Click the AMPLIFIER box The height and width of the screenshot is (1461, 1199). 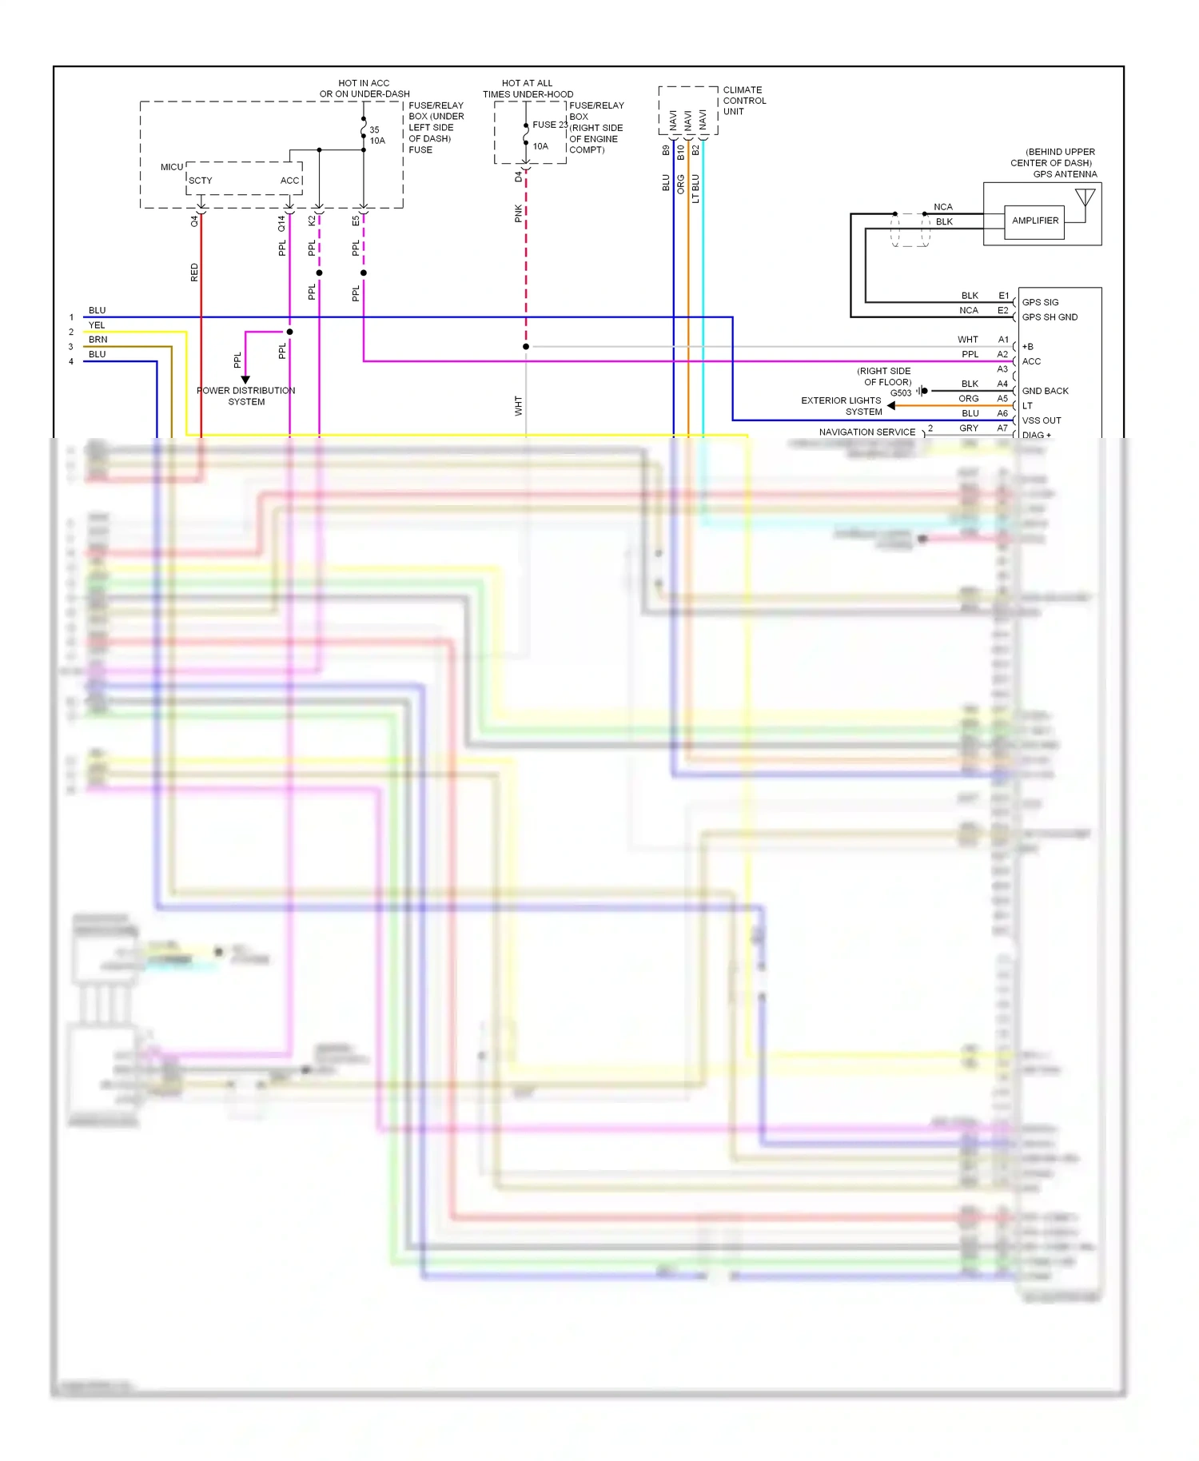click(x=1034, y=221)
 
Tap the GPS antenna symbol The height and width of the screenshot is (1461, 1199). click(x=1085, y=198)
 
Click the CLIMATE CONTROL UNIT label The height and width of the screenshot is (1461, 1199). click(x=743, y=101)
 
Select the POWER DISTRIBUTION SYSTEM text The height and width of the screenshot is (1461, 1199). click(x=246, y=396)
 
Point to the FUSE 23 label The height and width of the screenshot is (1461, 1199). click(x=550, y=125)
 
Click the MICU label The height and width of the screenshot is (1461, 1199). click(x=171, y=167)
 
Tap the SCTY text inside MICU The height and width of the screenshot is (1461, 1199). click(x=201, y=181)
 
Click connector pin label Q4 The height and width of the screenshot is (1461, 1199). click(x=194, y=221)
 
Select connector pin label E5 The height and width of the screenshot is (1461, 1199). click(x=356, y=221)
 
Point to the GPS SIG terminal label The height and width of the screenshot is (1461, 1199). click(x=1040, y=302)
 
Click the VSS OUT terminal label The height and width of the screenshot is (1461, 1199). click(x=1042, y=420)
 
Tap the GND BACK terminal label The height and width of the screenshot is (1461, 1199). click(x=1045, y=391)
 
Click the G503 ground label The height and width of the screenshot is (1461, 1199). click(x=901, y=392)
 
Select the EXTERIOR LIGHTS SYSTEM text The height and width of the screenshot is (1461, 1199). click(x=842, y=406)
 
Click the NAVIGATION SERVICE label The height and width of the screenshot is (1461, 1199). click(x=866, y=432)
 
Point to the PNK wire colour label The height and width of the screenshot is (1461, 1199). click(x=519, y=213)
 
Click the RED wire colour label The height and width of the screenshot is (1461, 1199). click(x=194, y=273)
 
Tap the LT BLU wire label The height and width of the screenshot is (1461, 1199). click(x=695, y=189)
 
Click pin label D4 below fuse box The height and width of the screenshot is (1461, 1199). click(x=519, y=176)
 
